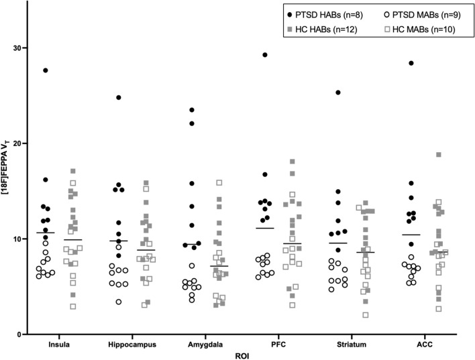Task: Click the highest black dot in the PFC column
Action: (265, 55)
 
